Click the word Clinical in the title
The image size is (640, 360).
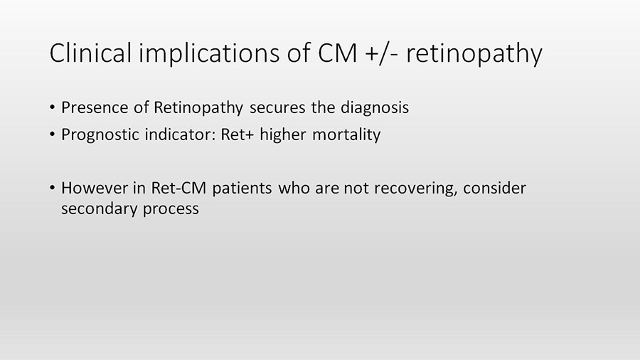90,53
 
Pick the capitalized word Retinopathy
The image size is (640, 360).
198,108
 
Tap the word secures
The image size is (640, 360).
277,108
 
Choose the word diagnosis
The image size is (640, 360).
374,108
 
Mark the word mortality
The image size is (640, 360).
346,135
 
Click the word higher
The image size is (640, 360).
283,135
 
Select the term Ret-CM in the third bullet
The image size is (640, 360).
178,188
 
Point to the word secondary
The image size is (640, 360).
99,209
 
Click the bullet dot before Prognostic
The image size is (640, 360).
52,134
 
